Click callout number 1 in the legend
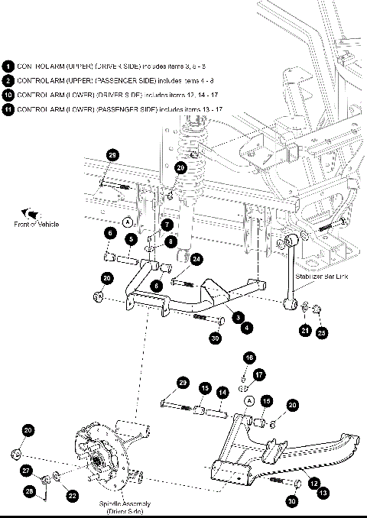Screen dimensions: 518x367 [x=8, y=66]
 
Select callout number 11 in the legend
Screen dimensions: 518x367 [x=8, y=110]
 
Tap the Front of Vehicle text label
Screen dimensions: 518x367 [x=36, y=224]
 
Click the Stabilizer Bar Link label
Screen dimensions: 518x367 [x=321, y=277]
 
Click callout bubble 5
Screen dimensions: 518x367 [x=132, y=239]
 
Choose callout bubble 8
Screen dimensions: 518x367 [x=171, y=241]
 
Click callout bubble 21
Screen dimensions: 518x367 [x=306, y=329]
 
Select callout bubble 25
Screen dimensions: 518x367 [x=321, y=333]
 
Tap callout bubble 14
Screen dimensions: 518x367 [x=222, y=392]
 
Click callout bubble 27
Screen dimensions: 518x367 [x=26, y=471]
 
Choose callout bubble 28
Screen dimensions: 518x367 [x=30, y=491]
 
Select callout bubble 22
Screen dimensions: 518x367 [x=72, y=496]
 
